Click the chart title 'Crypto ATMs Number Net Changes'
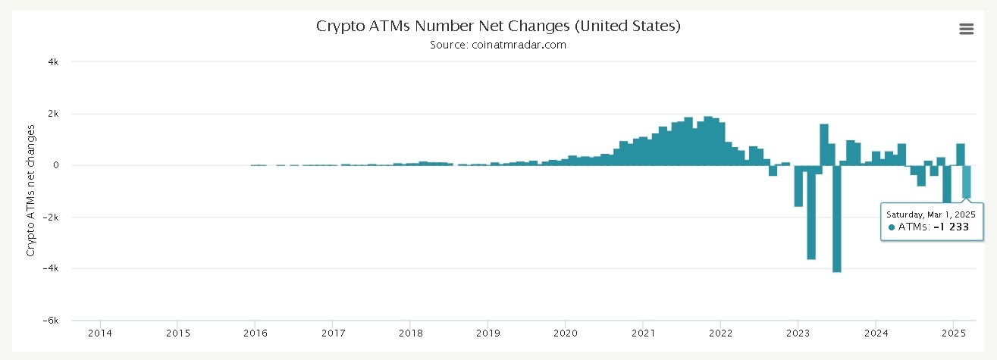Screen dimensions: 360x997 498,26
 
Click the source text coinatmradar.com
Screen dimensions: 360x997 498,45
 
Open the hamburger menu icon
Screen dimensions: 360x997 966,29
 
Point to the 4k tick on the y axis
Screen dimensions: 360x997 54,62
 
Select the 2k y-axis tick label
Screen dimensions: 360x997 54,114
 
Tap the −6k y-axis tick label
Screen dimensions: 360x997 52,321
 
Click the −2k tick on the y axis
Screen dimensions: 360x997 52,218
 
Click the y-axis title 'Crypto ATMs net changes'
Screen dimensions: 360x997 31,190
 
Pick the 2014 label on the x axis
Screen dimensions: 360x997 99,333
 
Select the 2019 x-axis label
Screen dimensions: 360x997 488,333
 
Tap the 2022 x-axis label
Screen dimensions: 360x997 720,333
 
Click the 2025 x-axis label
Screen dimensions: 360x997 953,333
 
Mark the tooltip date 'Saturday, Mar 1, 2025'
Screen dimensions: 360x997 931,214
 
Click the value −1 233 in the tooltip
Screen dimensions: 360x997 951,227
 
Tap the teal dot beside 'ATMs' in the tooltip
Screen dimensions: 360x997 892,227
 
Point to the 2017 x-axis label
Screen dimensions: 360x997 332,333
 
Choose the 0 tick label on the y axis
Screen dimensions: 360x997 56,165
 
